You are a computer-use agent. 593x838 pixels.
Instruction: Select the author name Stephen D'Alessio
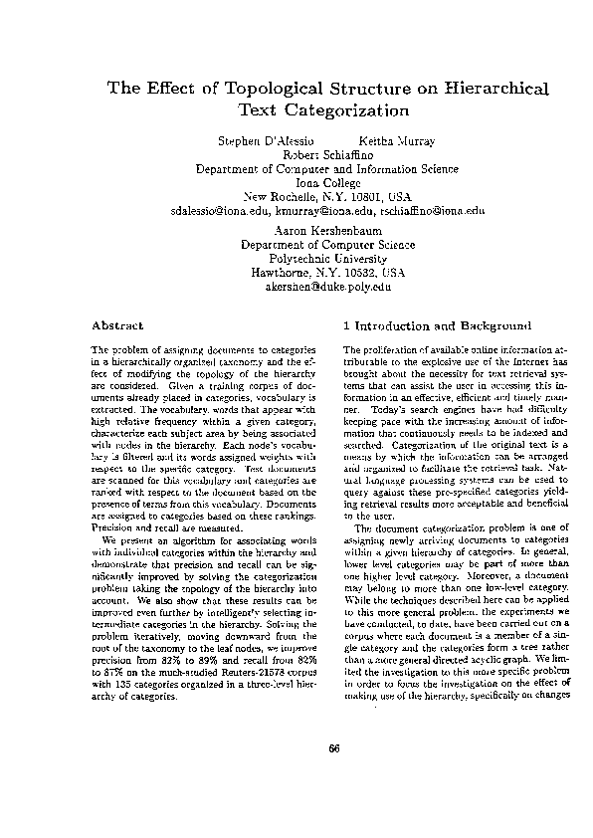[261, 141]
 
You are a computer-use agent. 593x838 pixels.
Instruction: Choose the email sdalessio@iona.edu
[220, 211]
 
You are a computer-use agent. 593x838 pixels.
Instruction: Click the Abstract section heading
[117, 325]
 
